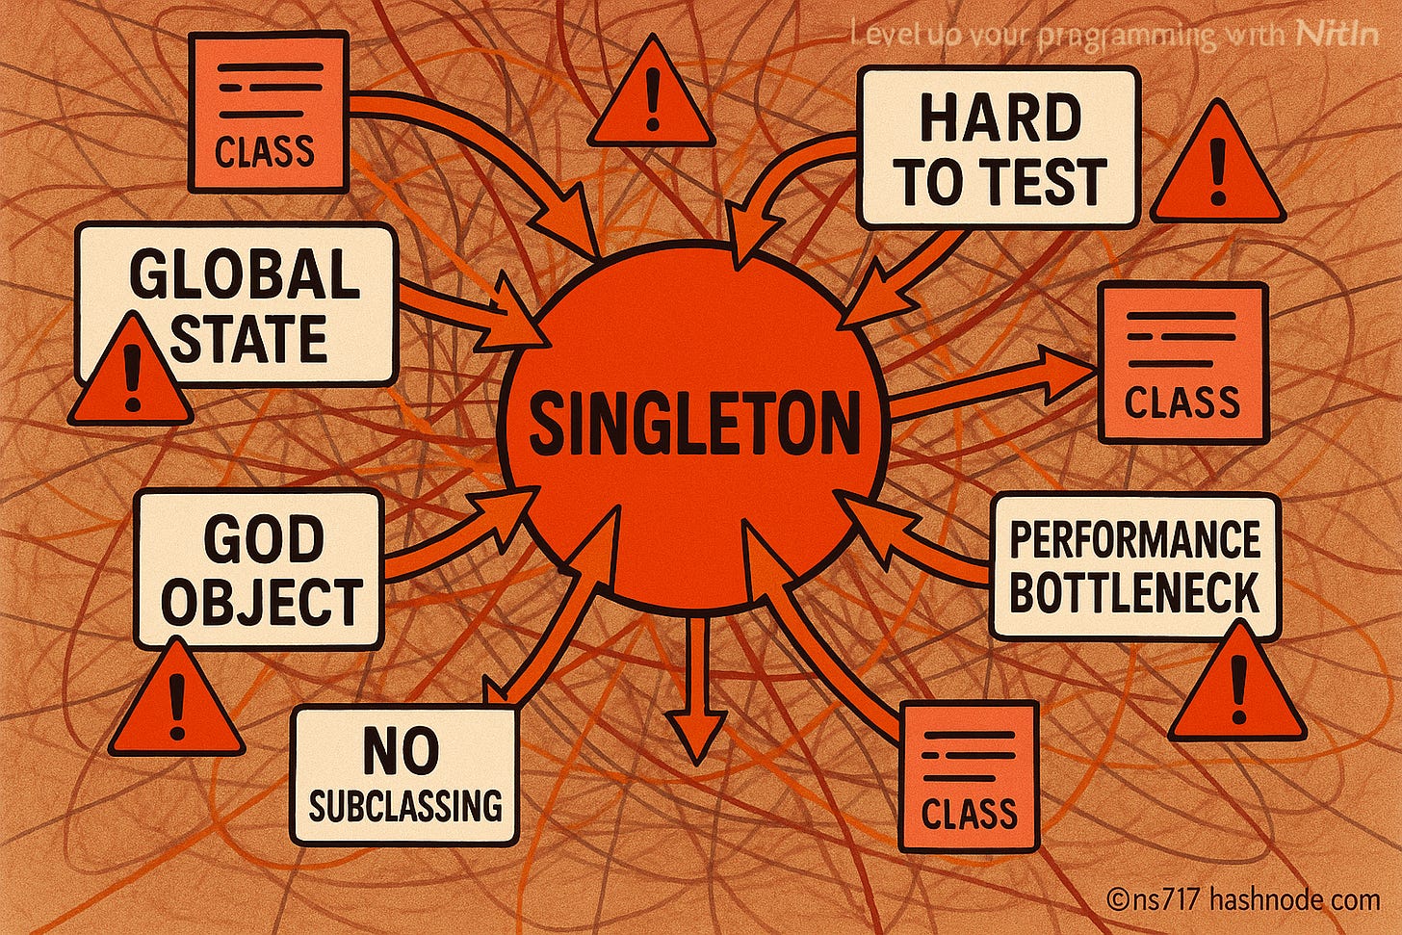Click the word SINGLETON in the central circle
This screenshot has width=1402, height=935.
tap(693, 424)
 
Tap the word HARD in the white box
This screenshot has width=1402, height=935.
tap(999, 119)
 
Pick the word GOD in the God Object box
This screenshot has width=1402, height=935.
tap(263, 540)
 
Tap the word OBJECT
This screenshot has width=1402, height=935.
tap(261, 602)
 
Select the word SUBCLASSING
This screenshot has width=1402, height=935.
tap(405, 805)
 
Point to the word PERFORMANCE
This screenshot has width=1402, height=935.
tap(1134, 540)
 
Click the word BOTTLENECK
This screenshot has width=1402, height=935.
tap(1134, 592)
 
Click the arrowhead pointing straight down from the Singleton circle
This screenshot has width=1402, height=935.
tap(696, 737)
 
